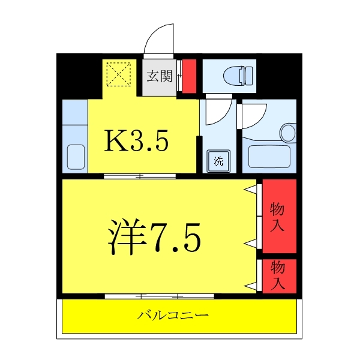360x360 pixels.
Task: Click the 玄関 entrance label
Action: tap(160, 76)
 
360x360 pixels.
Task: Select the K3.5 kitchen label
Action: tap(136, 140)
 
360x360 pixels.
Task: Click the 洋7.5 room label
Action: tap(154, 238)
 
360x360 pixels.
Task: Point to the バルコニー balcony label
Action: tap(173, 315)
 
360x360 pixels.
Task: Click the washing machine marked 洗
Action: tap(218, 161)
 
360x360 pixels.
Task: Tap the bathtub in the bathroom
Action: tap(269, 157)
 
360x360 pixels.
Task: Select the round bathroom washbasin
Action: tap(287, 133)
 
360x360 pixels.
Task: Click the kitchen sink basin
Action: tap(76, 157)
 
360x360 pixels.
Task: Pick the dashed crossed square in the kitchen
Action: tap(119, 74)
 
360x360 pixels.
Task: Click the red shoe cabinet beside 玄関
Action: tap(189, 76)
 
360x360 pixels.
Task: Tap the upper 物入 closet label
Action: tap(277, 217)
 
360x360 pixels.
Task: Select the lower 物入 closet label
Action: tap(278, 275)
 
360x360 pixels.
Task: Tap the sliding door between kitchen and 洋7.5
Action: tap(140, 176)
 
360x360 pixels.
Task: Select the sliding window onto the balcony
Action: tap(160, 296)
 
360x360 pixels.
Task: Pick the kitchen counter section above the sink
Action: tap(75, 112)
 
